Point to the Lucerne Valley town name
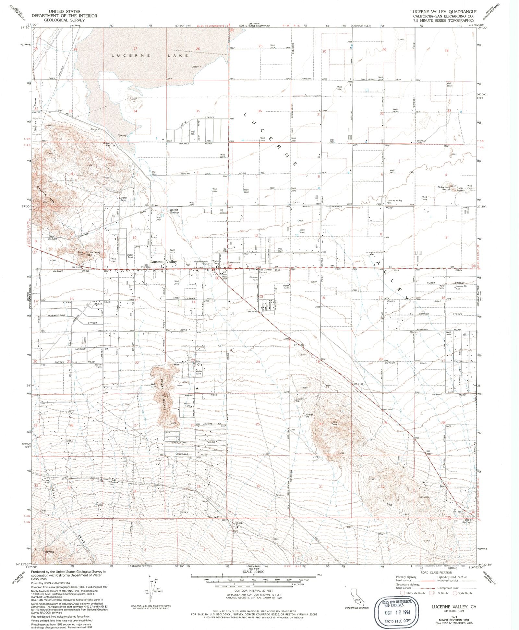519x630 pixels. (x=163, y=261)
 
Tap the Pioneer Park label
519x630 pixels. (x=254, y=278)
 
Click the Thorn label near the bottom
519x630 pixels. (x=239, y=523)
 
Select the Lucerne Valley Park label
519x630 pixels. (x=394, y=201)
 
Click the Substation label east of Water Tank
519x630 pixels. (x=234, y=262)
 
